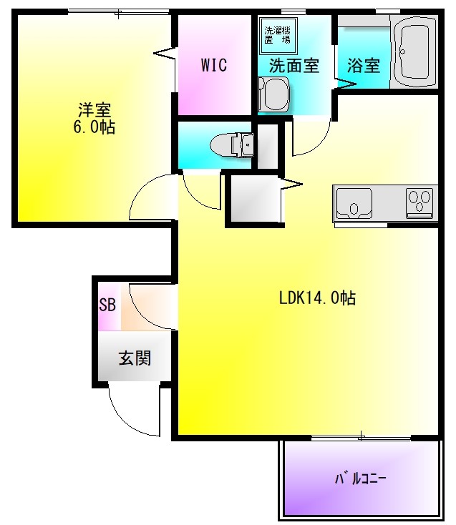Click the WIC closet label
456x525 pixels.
tap(213, 66)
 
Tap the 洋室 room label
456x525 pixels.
tap(94, 111)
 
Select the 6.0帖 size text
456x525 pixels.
tap(94, 128)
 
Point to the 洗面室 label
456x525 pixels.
tap(294, 66)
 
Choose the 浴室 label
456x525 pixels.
tap(363, 66)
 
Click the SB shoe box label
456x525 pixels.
tap(107, 305)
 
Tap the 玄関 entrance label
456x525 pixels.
tap(134, 358)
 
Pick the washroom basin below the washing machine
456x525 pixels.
tap(273, 93)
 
